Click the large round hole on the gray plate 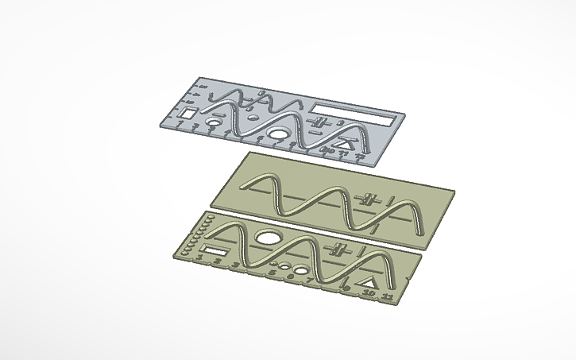[x=280, y=134]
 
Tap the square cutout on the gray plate [x=188, y=114]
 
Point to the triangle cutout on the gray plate [x=345, y=144]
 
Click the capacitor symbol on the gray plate [x=321, y=122]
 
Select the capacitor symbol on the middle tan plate [x=367, y=198]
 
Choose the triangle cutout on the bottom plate [x=368, y=282]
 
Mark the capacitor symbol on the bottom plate [x=340, y=248]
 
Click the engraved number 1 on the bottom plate [x=199, y=257]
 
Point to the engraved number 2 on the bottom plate [x=217, y=260]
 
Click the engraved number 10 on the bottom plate [x=368, y=293]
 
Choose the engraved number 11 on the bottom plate [x=388, y=296]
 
